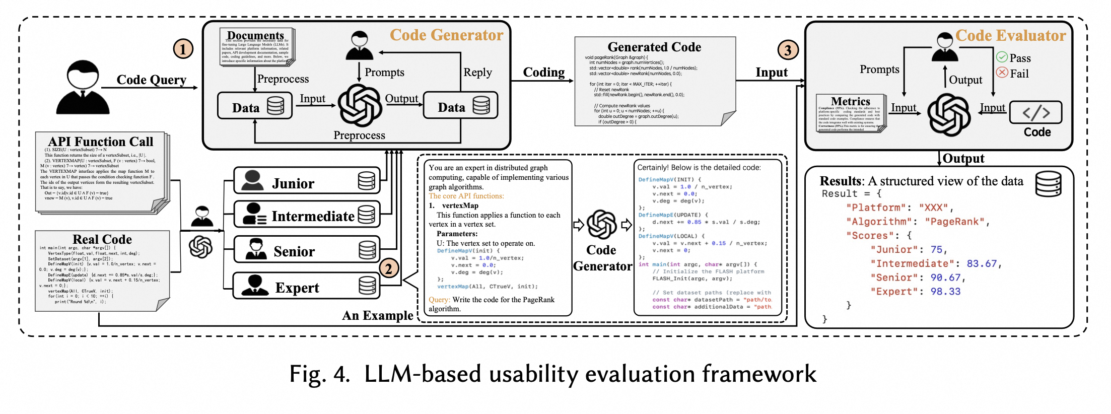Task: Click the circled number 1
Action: point(183,49)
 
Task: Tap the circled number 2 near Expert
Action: point(389,268)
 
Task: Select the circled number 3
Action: point(788,49)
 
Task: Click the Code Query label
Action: point(151,80)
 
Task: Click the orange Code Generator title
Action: point(446,35)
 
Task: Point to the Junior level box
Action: point(306,181)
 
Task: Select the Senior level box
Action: point(306,250)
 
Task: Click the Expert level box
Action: point(306,286)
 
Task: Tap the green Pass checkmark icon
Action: point(1002,57)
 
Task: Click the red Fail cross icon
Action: point(1002,73)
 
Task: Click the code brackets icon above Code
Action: point(1035,112)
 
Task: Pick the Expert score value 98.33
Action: point(945,292)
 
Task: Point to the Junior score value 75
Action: point(936,249)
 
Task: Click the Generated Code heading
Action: point(654,47)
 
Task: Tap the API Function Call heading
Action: point(100,142)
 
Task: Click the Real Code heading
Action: point(102,239)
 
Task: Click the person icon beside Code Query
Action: point(82,88)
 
